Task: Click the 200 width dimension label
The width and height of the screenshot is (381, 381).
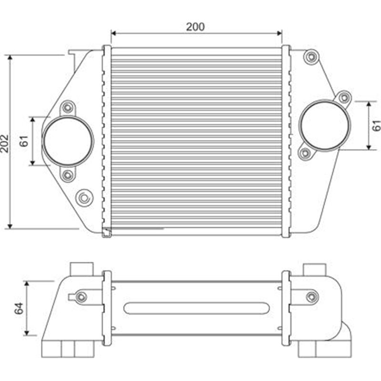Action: click(195, 27)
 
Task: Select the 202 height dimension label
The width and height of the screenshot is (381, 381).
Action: click(4, 142)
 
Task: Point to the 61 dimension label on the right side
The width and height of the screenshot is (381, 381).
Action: click(376, 125)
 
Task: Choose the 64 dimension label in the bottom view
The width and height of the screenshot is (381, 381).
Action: click(19, 309)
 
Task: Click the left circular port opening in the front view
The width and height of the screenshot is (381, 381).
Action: click(68, 141)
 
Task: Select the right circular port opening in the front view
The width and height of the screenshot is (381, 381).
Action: click(325, 126)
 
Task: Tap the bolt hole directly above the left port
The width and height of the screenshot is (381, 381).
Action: click(68, 108)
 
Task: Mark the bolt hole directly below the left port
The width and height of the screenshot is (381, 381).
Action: click(68, 175)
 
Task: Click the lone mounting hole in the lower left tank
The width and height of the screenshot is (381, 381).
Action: click(85, 197)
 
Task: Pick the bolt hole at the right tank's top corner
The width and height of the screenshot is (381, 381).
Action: click(311, 58)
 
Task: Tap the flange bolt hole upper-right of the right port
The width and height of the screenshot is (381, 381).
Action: click(344, 98)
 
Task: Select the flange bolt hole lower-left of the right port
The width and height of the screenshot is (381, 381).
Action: click(305, 153)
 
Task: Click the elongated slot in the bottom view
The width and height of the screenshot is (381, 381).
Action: click(196, 308)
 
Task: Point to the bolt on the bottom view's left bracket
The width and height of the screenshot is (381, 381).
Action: click(81, 297)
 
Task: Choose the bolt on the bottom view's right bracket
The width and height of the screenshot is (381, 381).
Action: click(311, 297)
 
